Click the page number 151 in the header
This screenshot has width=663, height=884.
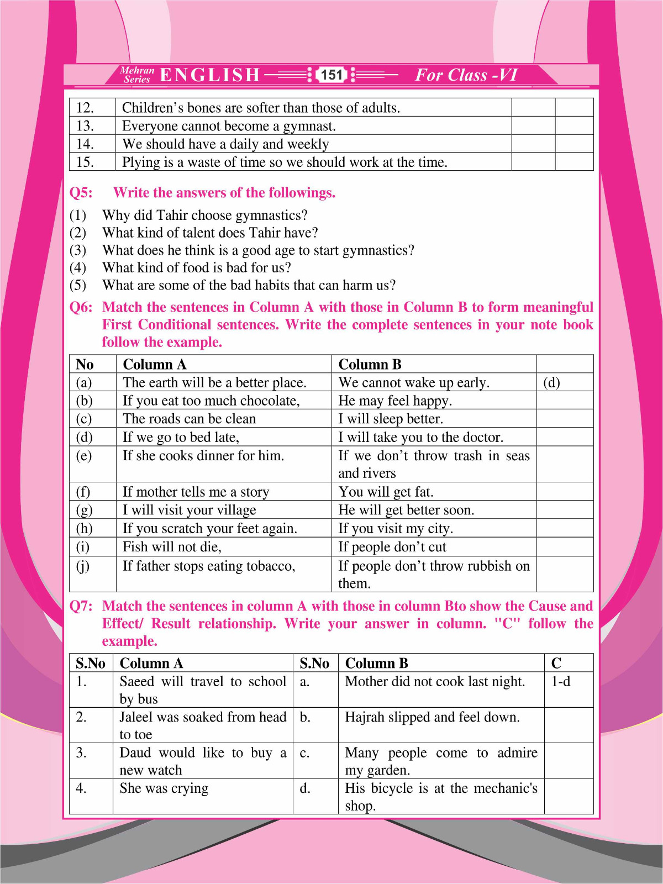point(331,75)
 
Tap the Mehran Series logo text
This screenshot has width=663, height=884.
point(137,75)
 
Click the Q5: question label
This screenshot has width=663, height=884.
point(81,193)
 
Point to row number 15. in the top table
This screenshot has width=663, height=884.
point(85,162)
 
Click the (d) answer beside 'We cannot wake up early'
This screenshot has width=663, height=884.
point(551,382)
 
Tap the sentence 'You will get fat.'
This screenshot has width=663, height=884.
point(386,492)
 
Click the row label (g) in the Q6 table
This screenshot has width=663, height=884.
point(84,510)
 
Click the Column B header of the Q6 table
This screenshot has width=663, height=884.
point(370,365)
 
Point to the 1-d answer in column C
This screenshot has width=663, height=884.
point(561,682)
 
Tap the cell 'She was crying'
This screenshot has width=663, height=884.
point(164,788)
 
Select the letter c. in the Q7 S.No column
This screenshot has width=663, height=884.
point(304,753)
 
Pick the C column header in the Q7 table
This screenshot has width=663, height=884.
point(556,664)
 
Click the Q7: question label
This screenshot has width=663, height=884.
point(81,606)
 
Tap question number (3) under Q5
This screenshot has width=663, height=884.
point(78,250)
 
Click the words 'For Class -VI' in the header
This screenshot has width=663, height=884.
point(466,75)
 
